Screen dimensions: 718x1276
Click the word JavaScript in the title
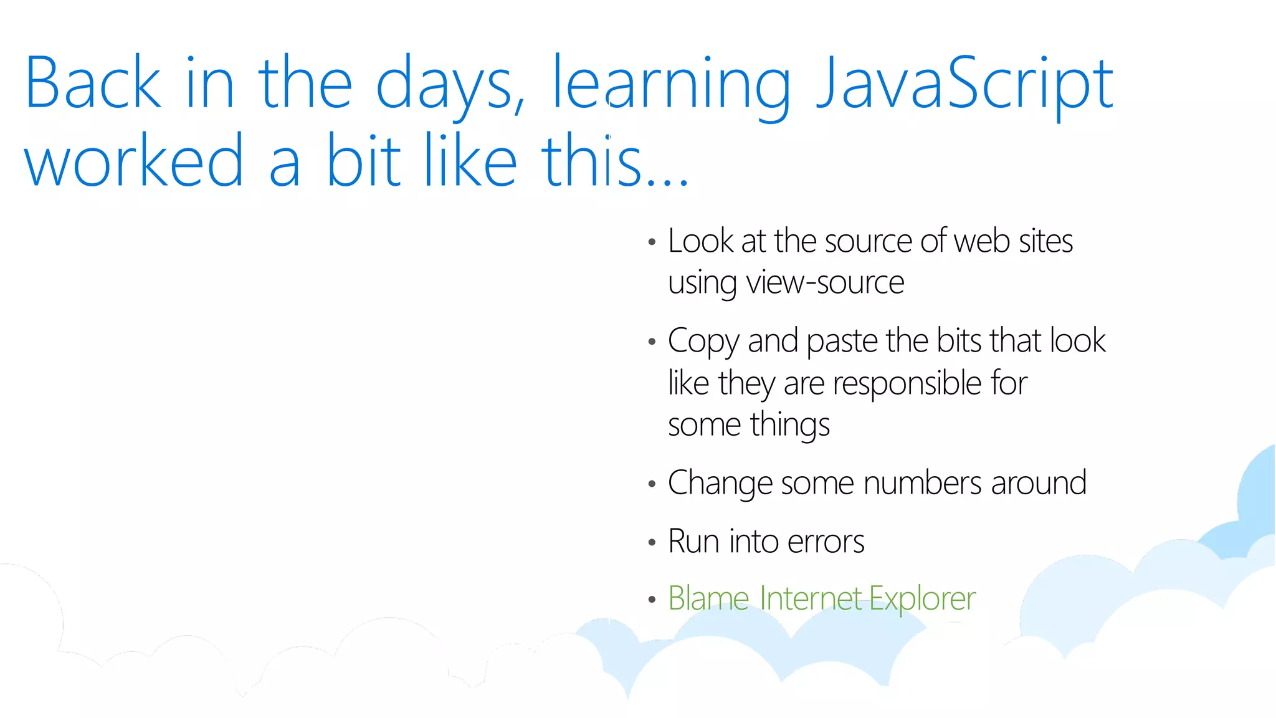[x=964, y=84]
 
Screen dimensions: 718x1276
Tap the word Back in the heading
[x=93, y=84]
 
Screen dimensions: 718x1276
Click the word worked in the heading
[x=134, y=161]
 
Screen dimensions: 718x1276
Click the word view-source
[x=825, y=282]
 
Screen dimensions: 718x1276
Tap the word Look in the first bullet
[x=701, y=241]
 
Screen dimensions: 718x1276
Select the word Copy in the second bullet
[x=703, y=342]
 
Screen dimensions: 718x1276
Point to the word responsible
[x=907, y=383]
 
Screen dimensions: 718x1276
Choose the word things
[x=790, y=425]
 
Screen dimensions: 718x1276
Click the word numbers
[x=923, y=483]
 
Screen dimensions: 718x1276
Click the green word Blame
[x=708, y=598]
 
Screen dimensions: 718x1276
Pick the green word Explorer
[x=922, y=598]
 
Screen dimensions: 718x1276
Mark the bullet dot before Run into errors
[x=652, y=542]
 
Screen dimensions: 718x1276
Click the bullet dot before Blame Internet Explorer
[x=652, y=600]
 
